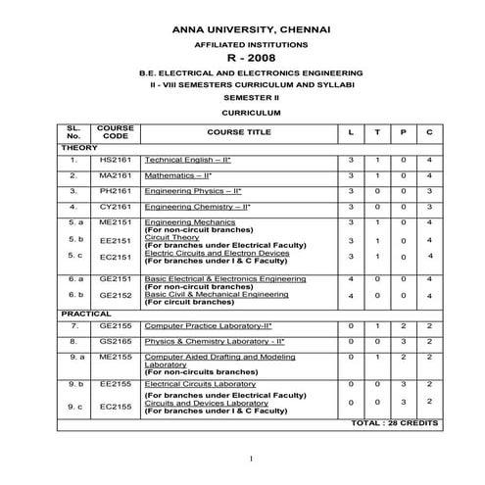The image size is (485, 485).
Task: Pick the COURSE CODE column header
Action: [115, 132]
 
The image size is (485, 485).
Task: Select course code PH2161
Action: [115, 192]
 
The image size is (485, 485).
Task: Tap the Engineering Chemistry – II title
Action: [197, 208]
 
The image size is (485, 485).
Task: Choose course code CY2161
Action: [115, 208]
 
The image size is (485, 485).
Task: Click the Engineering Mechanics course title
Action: [185, 222]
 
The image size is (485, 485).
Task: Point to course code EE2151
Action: [115, 240]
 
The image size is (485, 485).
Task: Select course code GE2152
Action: [115, 295]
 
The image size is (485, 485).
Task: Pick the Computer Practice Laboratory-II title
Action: [209, 324]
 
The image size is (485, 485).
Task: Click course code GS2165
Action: [115, 341]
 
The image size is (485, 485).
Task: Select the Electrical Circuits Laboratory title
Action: [194, 385]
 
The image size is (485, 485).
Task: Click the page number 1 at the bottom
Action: [252, 459]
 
